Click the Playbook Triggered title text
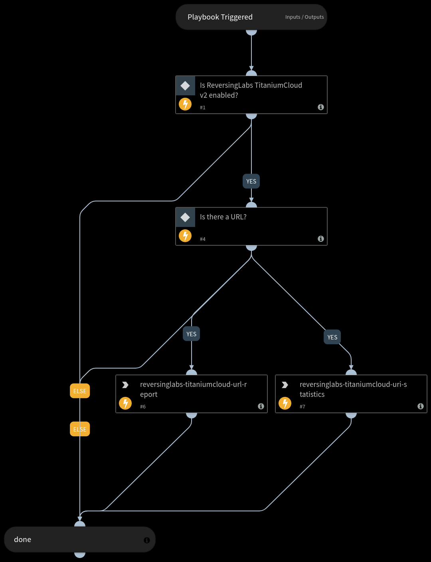click(220, 17)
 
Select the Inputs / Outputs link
click(304, 17)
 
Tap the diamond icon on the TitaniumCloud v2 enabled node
click(185, 86)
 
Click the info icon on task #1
click(320, 107)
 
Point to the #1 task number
click(203, 108)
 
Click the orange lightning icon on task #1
click(185, 105)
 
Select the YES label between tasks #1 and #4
click(251, 181)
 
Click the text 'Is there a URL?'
click(223, 217)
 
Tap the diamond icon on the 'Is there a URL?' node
click(185, 217)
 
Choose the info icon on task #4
click(320, 239)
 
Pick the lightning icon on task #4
click(185, 236)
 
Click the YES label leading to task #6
click(192, 334)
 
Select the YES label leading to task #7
click(332, 337)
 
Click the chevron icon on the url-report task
click(125, 385)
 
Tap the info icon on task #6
click(261, 406)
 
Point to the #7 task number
click(302, 407)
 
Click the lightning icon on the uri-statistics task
click(285, 404)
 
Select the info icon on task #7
click(420, 406)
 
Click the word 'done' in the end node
click(23, 540)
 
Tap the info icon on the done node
click(146, 540)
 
